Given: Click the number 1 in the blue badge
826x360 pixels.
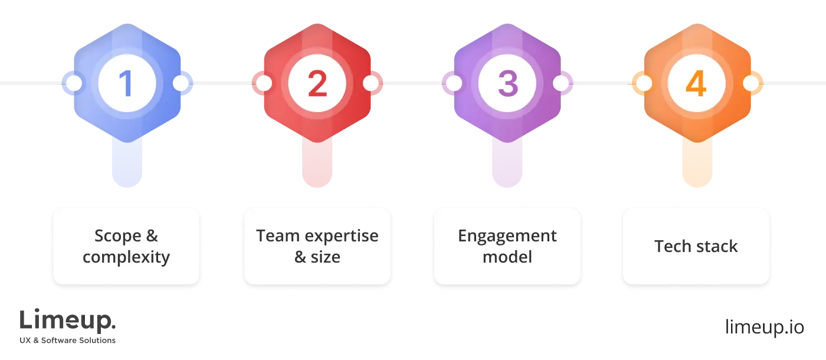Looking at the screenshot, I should [x=126, y=84].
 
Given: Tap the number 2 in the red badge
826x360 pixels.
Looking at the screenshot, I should [x=317, y=84].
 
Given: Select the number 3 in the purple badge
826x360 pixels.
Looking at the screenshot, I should [x=507, y=84].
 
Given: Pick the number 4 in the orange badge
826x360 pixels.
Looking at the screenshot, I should [x=696, y=84].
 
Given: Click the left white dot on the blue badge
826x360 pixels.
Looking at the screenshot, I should [x=74, y=83].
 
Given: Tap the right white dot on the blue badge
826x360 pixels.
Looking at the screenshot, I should [x=181, y=83].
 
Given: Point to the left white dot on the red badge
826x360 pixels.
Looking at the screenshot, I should [x=264, y=83].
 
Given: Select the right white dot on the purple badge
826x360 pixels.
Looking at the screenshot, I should [x=560, y=83].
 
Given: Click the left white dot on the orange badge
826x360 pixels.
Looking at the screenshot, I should [x=644, y=83].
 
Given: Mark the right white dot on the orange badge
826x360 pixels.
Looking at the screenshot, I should [x=750, y=83].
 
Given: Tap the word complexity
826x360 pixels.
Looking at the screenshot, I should [x=126, y=257].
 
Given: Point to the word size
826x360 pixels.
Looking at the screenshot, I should [x=326, y=257].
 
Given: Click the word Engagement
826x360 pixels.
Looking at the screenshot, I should [x=507, y=236].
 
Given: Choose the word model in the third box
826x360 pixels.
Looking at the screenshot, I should [x=507, y=257].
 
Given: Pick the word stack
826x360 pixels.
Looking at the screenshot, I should [x=716, y=246].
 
